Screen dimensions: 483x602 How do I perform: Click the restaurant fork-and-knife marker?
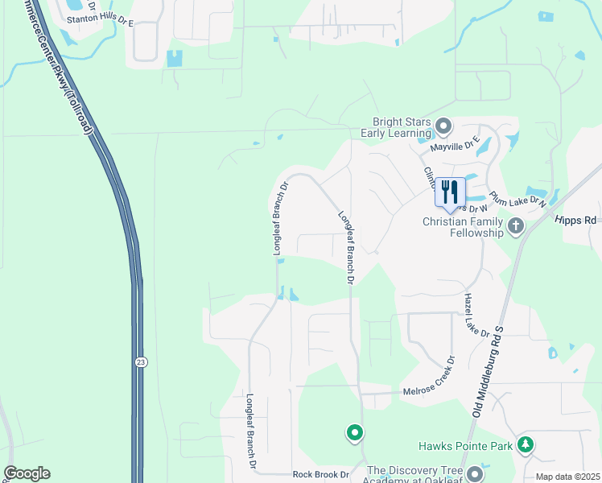450,192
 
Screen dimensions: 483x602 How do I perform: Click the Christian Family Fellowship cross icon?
516,226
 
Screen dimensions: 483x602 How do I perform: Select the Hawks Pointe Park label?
465,445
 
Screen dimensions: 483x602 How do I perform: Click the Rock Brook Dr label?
320,475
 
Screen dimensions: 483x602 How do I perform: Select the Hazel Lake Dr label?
476,315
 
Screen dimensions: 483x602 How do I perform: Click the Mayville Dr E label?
455,144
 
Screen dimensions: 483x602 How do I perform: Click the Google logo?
27,473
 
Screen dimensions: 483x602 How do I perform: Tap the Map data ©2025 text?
567,477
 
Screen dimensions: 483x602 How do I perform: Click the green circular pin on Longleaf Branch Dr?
354,433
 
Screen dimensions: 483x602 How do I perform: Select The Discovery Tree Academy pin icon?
476,473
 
